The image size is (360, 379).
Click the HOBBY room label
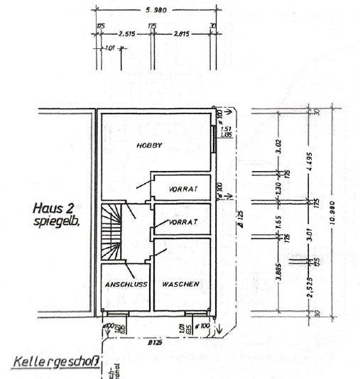tap(150, 145)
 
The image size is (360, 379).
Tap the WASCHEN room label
tap(180, 285)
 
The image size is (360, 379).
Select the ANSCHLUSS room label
tap(126, 285)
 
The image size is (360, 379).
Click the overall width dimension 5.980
tap(154, 9)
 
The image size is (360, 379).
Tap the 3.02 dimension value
tap(279, 146)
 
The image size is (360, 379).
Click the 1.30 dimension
tap(279, 189)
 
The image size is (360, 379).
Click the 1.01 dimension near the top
tap(110, 49)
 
